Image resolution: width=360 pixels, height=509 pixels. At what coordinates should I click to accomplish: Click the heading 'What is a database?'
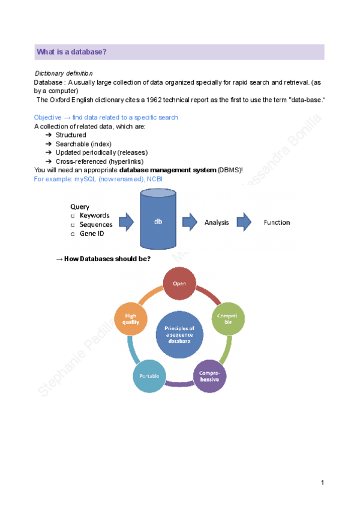pyautogui.click(x=71, y=52)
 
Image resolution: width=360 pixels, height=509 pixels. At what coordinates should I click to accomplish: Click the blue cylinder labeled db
pyautogui.click(x=158, y=220)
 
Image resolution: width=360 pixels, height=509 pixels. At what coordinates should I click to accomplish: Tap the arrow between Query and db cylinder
pyautogui.click(x=126, y=223)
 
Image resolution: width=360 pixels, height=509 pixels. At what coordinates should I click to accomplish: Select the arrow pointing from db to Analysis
pyautogui.click(x=190, y=222)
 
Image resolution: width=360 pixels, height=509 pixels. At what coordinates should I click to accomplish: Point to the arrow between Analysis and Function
pyautogui.click(x=244, y=222)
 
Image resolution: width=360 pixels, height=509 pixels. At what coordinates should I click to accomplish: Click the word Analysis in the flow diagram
pyautogui.click(x=217, y=223)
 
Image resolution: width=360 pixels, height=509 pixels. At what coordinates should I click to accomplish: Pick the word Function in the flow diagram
pyautogui.click(x=277, y=223)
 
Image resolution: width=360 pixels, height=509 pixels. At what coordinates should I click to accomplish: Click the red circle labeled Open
pyautogui.click(x=180, y=283)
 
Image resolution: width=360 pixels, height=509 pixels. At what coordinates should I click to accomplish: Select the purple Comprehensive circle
pyautogui.click(x=210, y=376)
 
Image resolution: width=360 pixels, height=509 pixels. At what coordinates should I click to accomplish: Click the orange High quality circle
pyautogui.click(x=131, y=318)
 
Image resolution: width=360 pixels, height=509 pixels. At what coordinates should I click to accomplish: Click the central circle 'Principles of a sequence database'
pyautogui.click(x=179, y=334)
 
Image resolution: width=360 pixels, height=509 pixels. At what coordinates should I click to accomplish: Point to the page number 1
pyautogui.click(x=323, y=483)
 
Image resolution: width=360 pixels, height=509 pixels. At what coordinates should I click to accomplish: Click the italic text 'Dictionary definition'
pyautogui.click(x=59, y=73)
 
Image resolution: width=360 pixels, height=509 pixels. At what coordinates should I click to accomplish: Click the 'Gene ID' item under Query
pyautogui.click(x=91, y=233)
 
